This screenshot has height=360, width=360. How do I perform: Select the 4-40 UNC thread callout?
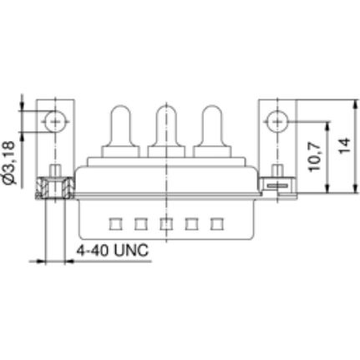point(111,250)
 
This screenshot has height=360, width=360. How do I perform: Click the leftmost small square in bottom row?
point(114,224)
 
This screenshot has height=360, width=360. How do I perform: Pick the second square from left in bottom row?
point(140,224)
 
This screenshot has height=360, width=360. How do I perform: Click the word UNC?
point(129,250)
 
